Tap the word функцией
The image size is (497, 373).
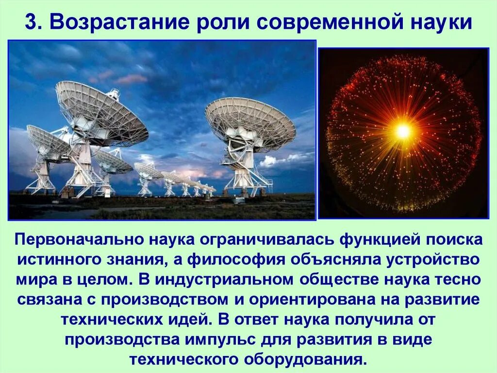[x=372, y=240]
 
